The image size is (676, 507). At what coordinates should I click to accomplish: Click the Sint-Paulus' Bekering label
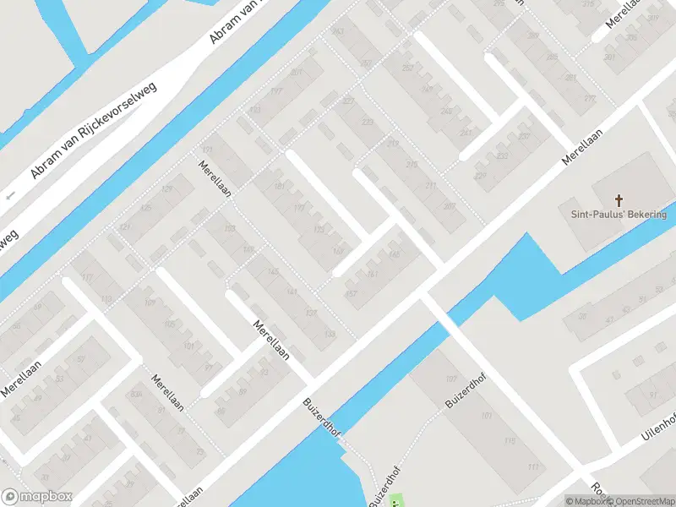619,215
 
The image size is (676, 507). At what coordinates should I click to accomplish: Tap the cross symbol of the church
619,200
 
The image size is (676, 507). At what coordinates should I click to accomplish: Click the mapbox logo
35,497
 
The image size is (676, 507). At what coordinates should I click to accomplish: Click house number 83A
134,395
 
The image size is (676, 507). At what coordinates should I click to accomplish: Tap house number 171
207,150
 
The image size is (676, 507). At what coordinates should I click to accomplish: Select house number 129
167,188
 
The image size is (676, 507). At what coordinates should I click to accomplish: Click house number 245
446,112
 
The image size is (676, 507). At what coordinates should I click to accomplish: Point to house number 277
590,99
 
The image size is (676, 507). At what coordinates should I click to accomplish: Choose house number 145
272,271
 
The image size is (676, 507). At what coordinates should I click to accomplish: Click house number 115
508,441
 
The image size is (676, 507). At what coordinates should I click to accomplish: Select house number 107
451,378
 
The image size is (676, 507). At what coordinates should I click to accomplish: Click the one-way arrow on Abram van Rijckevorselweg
11,196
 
